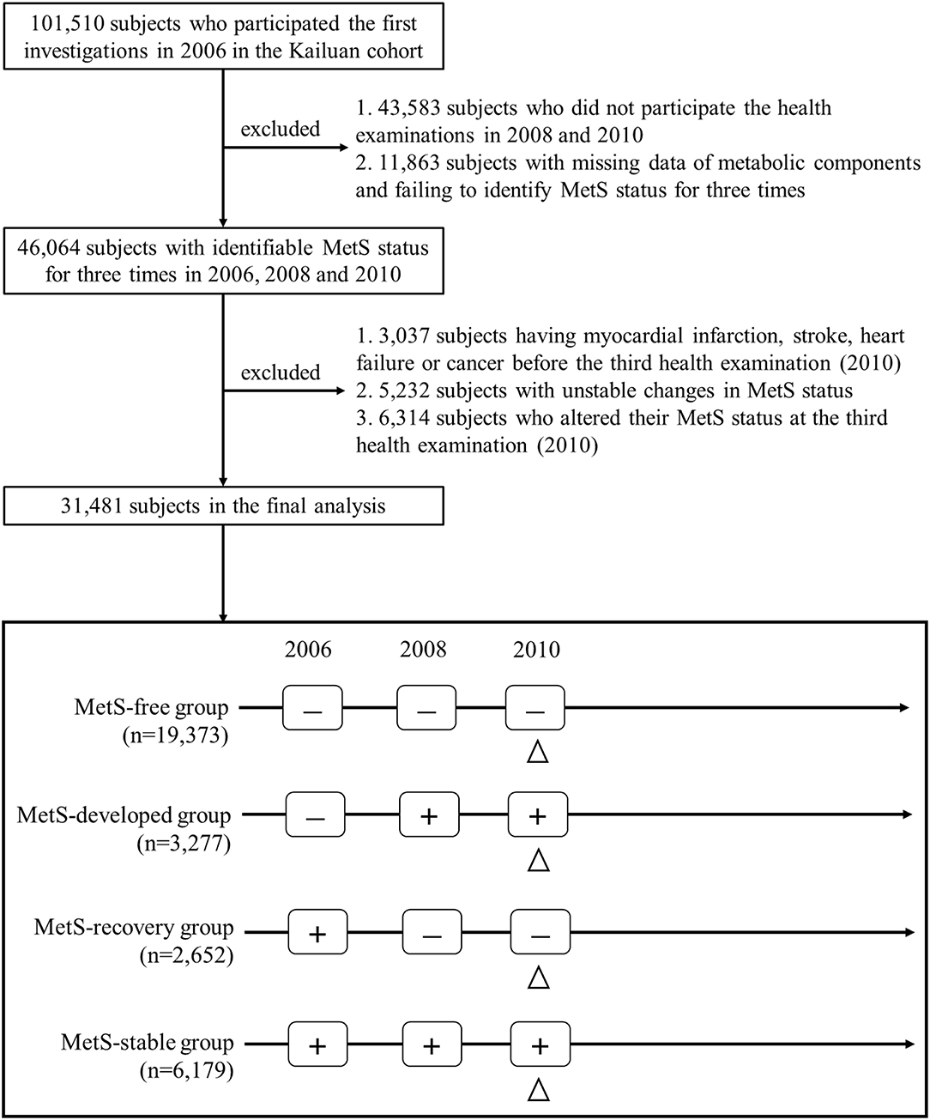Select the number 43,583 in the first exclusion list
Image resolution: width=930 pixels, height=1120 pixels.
411,110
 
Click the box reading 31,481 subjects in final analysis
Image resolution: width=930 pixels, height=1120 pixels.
223,506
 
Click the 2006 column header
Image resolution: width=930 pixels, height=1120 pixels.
308,650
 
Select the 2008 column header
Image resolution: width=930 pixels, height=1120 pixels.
423,650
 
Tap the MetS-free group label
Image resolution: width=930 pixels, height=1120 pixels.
152,708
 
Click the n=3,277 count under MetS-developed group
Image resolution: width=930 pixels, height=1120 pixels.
184,843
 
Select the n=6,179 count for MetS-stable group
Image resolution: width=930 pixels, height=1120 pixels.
184,1070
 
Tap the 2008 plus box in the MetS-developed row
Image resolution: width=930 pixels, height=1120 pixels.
429,815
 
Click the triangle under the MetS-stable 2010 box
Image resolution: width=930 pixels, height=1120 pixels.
538,1089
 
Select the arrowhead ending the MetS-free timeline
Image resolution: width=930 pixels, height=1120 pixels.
904,708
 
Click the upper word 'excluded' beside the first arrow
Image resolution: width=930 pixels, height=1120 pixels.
280,129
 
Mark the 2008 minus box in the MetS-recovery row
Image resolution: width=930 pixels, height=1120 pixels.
432,933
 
